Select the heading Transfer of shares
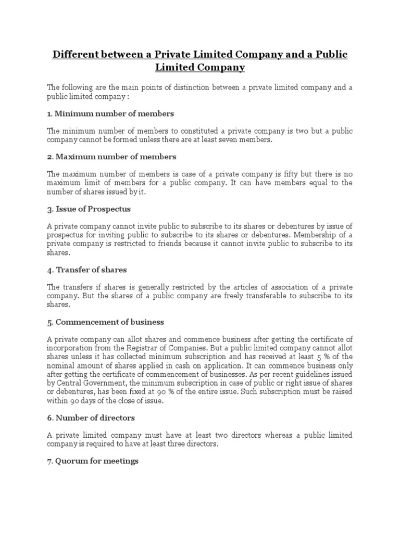(87, 270)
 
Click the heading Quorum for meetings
(93, 461)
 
